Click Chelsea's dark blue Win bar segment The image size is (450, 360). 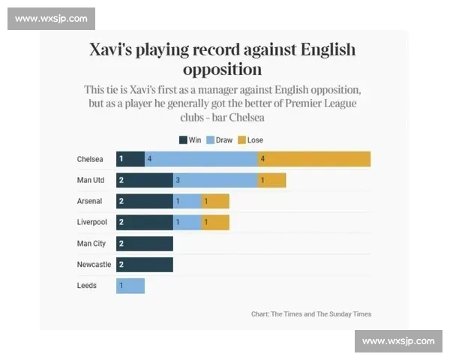tap(130, 159)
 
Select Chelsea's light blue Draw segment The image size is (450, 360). tap(201, 159)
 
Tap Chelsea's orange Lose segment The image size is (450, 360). tap(314, 159)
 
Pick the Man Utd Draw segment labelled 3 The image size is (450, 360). tap(215, 180)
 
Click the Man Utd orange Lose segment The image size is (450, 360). tap(271, 180)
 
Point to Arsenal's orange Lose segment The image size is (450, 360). tap(215, 201)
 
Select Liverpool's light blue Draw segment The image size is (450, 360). tap(187, 223)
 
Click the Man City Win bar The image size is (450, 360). tap(144, 244)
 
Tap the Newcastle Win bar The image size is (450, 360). tap(144, 265)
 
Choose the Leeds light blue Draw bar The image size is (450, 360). tap(130, 286)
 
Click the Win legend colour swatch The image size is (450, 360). tap(182, 140)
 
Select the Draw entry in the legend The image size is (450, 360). tap(219, 140)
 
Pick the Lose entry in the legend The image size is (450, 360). tap(250, 140)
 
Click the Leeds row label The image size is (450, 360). tap(86, 286)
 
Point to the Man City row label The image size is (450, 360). tap(91, 244)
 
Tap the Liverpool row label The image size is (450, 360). tap(91, 223)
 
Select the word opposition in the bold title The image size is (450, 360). tap(223, 70)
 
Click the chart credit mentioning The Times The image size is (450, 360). tap(310, 314)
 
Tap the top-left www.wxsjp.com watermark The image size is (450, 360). tap(51, 18)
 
